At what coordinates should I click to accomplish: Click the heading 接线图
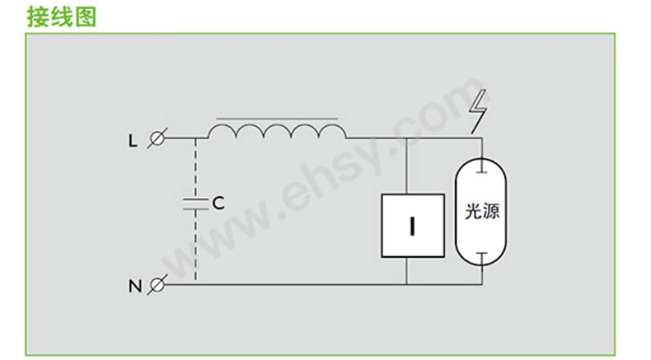coord(62,17)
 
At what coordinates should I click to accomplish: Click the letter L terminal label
coord(133,141)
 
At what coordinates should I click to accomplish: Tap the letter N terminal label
coord(135,287)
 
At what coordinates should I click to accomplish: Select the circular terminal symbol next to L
coord(157,138)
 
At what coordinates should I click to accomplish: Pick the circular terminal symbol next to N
coord(157,285)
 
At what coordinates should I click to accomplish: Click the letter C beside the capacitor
coord(218,203)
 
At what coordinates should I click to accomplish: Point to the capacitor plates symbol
coord(195,203)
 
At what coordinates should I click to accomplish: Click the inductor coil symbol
coord(277,130)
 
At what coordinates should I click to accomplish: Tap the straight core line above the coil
coord(277,119)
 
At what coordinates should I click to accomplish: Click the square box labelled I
coord(413,226)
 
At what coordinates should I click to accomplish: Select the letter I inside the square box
coord(412,227)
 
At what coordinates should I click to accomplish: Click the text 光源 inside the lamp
coord(481,211)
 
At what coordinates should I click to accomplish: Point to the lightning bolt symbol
coord(478,111)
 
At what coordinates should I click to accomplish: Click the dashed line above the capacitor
coord(195,168)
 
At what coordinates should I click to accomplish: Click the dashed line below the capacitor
coord(195,245)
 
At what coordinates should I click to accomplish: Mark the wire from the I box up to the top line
coord(406,166)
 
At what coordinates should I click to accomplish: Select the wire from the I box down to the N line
coord(406,271)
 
